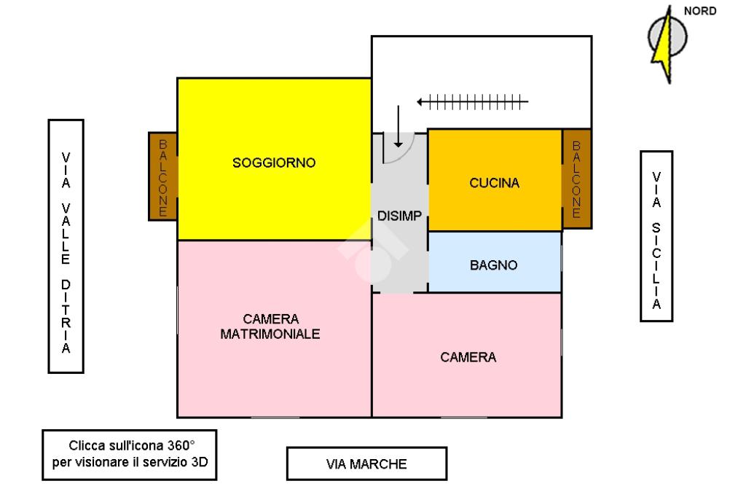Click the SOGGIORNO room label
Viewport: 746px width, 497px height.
[274, 163]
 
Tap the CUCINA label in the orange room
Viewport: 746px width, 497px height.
[495, 183]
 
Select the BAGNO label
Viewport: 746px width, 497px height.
[494, 265]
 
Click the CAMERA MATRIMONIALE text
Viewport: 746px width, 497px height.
[271, 326]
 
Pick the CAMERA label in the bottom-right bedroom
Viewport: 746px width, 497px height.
[468, 357]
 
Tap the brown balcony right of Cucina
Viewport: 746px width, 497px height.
[576, 179]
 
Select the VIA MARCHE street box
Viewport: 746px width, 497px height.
[366, 463]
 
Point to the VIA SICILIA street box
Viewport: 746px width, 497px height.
[656, 235]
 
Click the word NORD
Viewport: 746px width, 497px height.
[700, 11]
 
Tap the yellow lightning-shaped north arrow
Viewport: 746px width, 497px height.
[664, 44]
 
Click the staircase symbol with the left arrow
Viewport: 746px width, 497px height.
[473, 103]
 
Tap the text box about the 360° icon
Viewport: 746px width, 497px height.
[130, 453]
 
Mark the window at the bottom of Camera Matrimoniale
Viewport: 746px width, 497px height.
[275, 418]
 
